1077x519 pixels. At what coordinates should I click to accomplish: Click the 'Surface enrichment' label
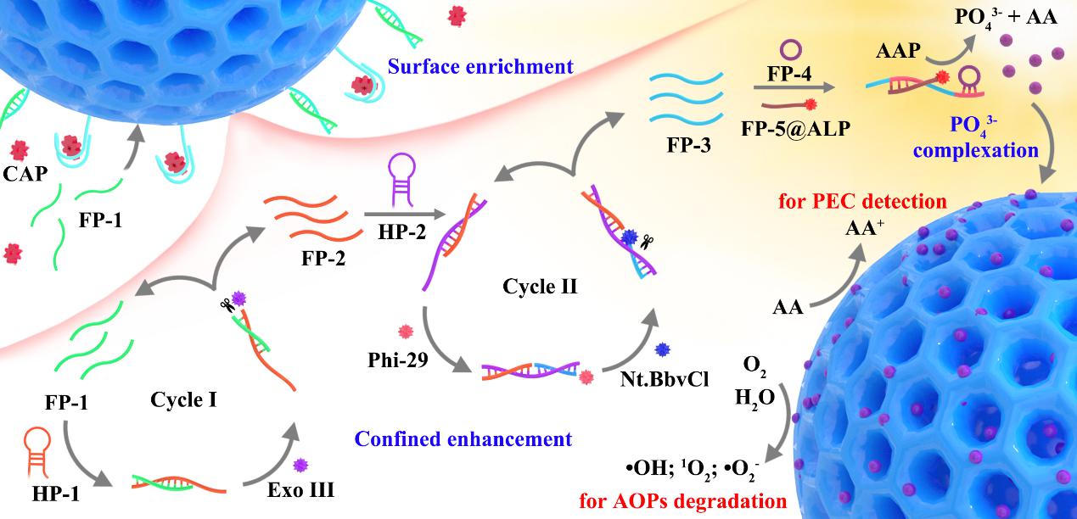click(x=480, y=65)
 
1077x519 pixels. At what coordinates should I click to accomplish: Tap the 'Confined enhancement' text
click(x=463, y=438)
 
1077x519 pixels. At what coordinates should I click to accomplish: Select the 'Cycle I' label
click(x=183, y=398)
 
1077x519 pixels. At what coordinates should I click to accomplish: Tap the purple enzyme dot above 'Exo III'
click(x=300, y=464)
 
